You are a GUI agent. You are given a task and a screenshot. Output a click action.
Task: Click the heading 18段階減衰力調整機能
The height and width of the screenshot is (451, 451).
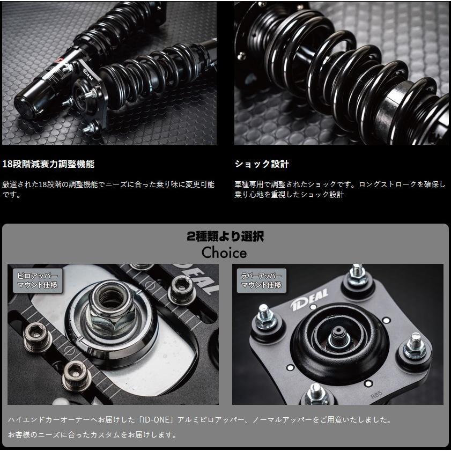tap(48, 164)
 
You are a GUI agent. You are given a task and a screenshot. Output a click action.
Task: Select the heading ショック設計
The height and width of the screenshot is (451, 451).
tap(261, 164)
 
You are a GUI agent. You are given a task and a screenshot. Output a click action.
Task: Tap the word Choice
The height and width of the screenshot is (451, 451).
tap(224, 253)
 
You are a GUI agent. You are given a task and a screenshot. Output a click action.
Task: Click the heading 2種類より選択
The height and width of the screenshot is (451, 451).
tap(225, 237)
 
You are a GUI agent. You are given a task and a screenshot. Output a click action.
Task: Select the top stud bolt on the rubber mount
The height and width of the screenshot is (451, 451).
tap(356, 275)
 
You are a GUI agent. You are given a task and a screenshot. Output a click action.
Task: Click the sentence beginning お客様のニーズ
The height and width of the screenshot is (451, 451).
tap(92, 434)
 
